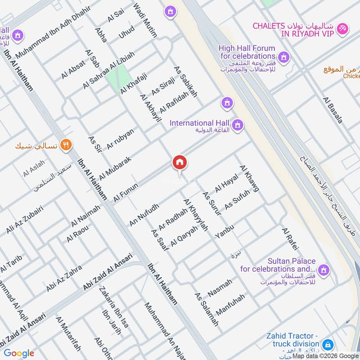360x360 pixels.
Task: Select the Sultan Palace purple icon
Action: coord(323,270)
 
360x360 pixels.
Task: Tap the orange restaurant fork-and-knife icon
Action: coord(67,145)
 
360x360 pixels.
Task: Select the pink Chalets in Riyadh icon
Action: coord(342,28)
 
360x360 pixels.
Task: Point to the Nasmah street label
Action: coord(220,288)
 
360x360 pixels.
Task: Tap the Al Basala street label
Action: coord(333,110)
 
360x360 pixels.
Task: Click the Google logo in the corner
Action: coord(19,353)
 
